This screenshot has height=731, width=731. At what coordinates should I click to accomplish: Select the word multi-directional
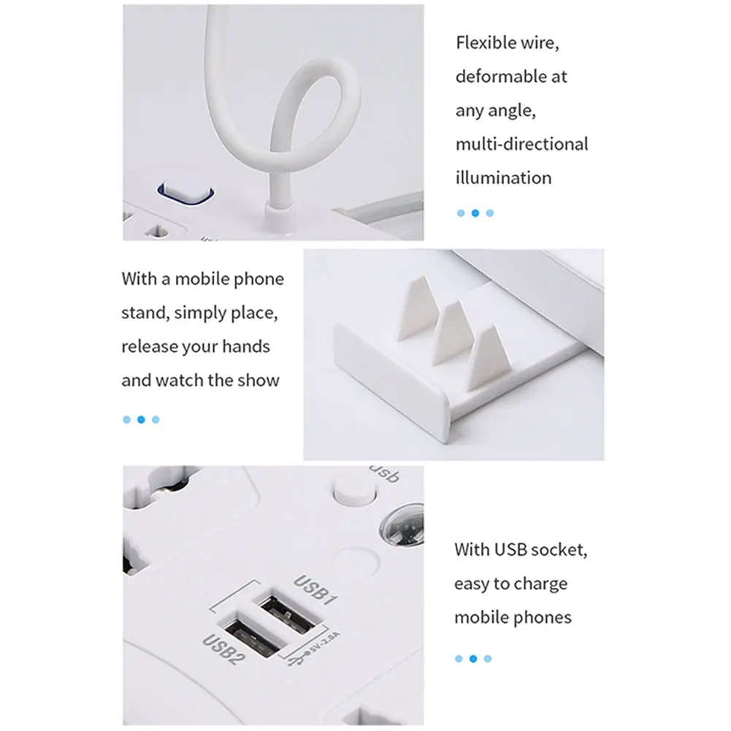(521, 144)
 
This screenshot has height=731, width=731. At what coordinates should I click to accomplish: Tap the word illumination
(503, 177)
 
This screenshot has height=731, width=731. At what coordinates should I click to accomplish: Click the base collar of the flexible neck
(277, 217)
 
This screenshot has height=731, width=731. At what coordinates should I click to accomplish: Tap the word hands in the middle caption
(248, 346)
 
